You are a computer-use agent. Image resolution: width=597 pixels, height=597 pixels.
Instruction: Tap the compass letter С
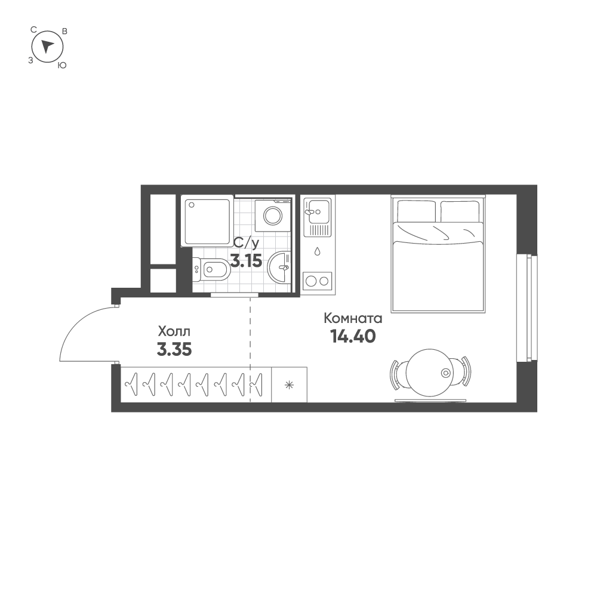click(34, 29)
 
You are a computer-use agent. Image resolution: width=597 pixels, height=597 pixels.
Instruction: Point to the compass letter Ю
click(61, 66)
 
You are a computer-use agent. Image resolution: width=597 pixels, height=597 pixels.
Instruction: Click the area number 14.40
click(352, 337)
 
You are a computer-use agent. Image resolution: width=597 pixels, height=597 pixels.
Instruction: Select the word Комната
click(352, 318)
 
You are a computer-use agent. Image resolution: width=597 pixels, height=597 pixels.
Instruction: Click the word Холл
click(174, 331)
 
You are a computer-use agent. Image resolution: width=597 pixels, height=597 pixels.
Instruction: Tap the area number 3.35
click(174, 350)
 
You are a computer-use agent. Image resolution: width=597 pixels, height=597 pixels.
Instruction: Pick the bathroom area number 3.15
click(246, 260)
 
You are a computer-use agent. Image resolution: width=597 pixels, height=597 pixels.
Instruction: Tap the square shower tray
click(207, 221)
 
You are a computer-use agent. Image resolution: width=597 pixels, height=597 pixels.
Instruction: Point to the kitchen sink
click(316, 210)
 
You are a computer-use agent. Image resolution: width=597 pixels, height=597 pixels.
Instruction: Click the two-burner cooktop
click(318, 281)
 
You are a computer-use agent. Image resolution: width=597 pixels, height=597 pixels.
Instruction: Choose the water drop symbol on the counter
click(318, 251)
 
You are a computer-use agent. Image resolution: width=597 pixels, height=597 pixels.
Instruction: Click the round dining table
click(429, 373)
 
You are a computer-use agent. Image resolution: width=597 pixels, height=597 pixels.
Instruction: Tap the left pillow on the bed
click(416, 210)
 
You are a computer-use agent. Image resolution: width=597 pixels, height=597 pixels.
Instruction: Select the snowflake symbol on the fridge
click(290, 385)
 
